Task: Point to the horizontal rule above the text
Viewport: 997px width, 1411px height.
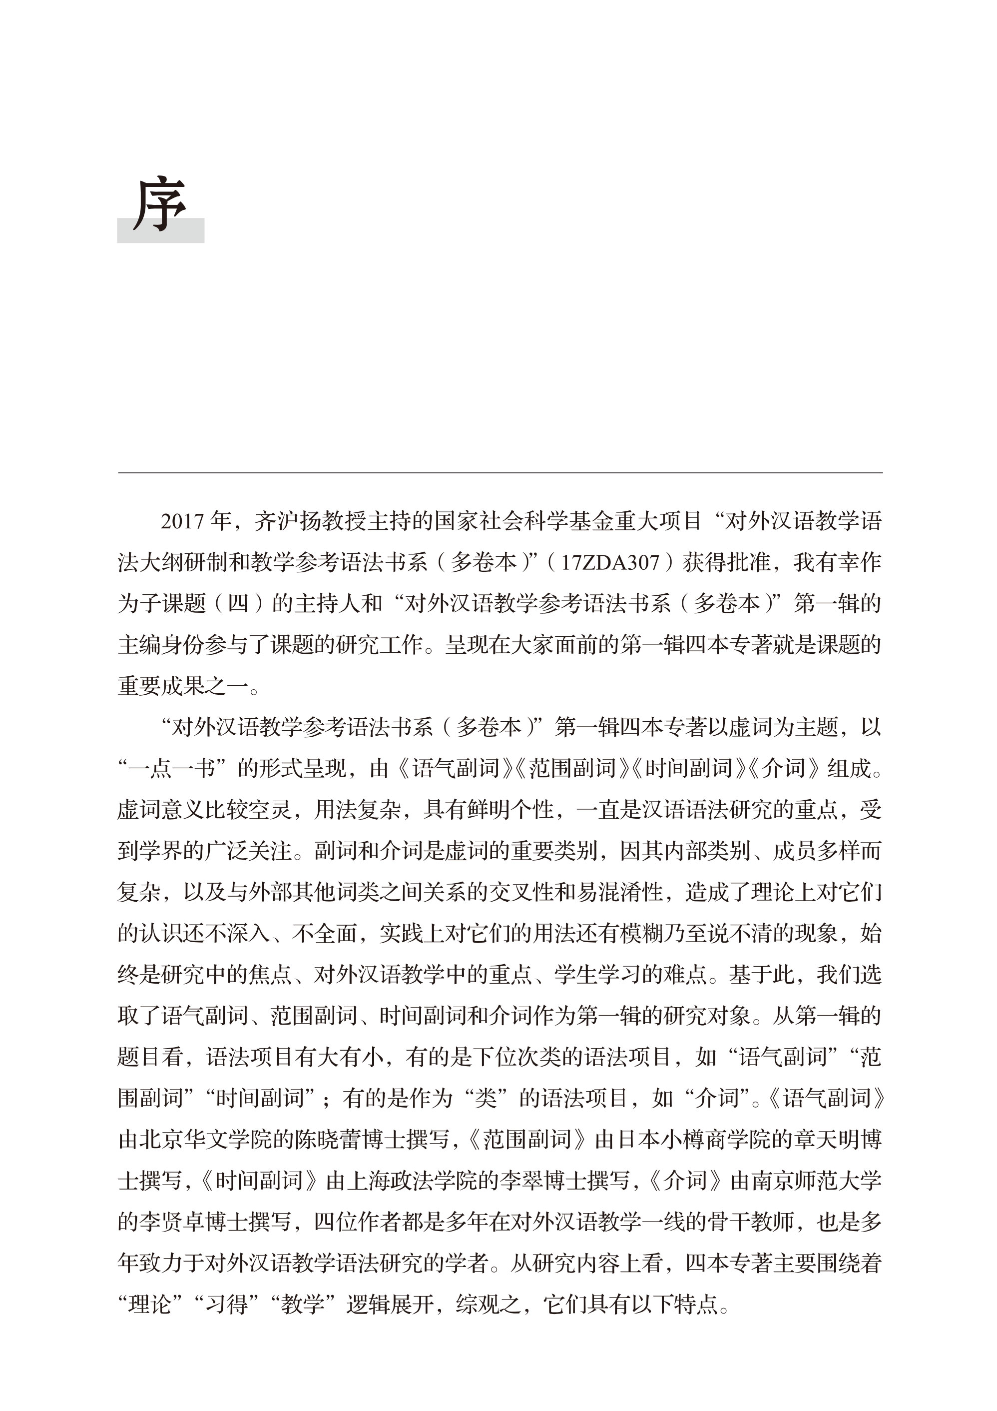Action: tap(499, 473)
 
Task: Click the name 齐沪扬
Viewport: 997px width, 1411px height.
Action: tap(287, 521)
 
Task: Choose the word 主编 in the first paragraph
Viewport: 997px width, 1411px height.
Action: tap(139, 645)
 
